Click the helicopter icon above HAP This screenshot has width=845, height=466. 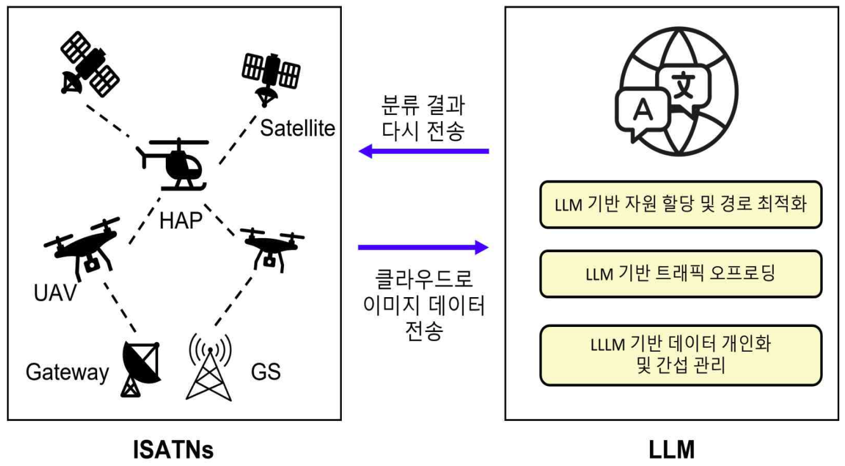173,164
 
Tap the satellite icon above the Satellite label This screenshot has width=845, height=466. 271,74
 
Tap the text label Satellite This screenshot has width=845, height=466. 297,129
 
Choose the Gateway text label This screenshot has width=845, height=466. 67,373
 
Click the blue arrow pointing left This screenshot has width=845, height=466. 423,151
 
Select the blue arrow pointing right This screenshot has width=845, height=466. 423,247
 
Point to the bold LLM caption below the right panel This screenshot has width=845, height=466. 672,450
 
